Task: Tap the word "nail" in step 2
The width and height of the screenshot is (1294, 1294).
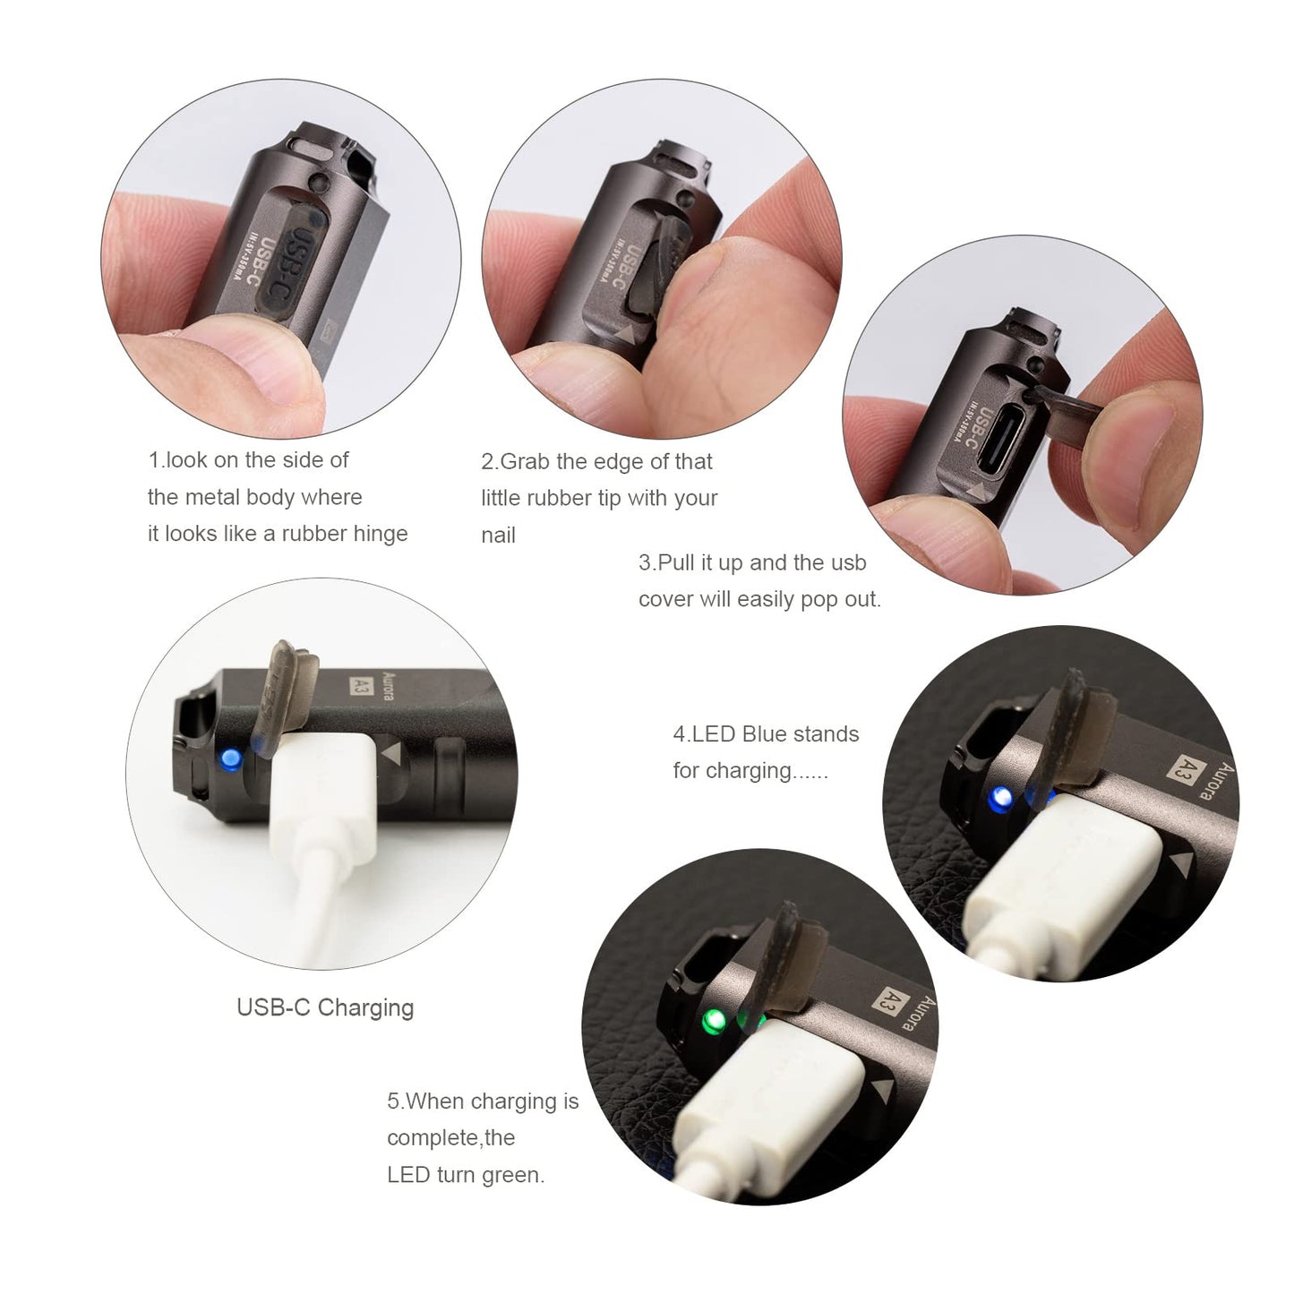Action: (499, 536)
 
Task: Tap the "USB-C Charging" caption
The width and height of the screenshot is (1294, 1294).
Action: (325, 1007)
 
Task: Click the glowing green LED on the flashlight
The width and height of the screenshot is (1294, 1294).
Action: (714, 1018)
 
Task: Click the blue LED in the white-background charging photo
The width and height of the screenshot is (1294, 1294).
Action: (230, 760)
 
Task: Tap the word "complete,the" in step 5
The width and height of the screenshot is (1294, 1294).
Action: (450, 1138)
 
